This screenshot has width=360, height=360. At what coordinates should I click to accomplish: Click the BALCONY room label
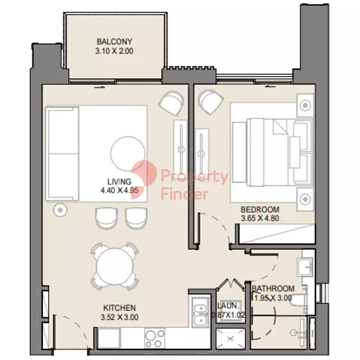[x=114, y=42]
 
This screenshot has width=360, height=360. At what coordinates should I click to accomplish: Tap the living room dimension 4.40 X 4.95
[x=119, y=191]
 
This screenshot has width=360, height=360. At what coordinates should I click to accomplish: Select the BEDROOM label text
[x=260, y=209]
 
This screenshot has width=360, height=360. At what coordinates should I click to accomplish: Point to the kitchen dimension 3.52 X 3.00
[x=119, y=317]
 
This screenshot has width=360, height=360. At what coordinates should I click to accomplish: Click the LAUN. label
[x=228, y=305]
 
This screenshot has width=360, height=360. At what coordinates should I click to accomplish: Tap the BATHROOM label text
[x=273, y=289]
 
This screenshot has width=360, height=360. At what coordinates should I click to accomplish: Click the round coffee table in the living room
[x=128, y=153]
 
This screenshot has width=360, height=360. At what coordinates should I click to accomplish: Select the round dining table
[x=115, y=266]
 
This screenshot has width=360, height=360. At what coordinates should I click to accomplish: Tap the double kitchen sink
[x=200, y=312]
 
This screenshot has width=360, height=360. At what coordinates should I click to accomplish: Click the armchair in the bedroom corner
[x=211, y=101]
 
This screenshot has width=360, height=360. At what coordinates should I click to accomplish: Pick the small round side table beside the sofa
[x=60, y=210]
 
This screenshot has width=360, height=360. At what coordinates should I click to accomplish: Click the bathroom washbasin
[x=305, y=266]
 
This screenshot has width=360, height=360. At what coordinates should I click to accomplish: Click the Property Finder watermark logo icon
[x=144, y=177]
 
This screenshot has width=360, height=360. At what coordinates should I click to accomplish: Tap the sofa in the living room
[x=63, y=153]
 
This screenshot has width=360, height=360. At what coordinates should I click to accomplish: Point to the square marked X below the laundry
[x=231, y=339]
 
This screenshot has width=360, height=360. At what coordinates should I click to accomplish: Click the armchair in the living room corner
[x=171, y=103]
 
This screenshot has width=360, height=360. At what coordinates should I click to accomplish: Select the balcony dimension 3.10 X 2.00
[x=114, y=51]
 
